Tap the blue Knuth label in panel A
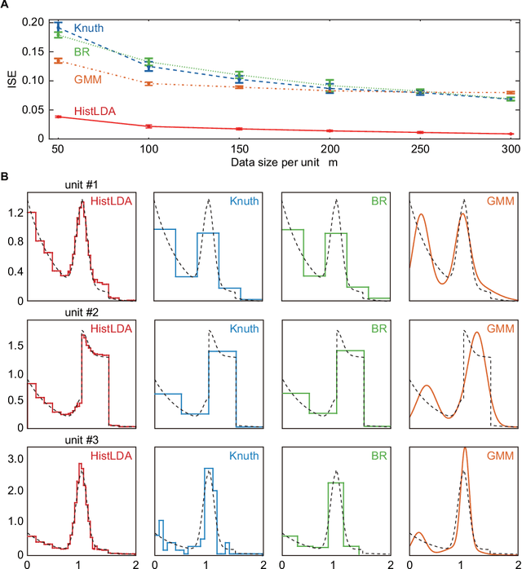(88, 29)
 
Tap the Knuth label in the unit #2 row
(243, 328)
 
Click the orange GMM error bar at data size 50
(57, 60)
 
